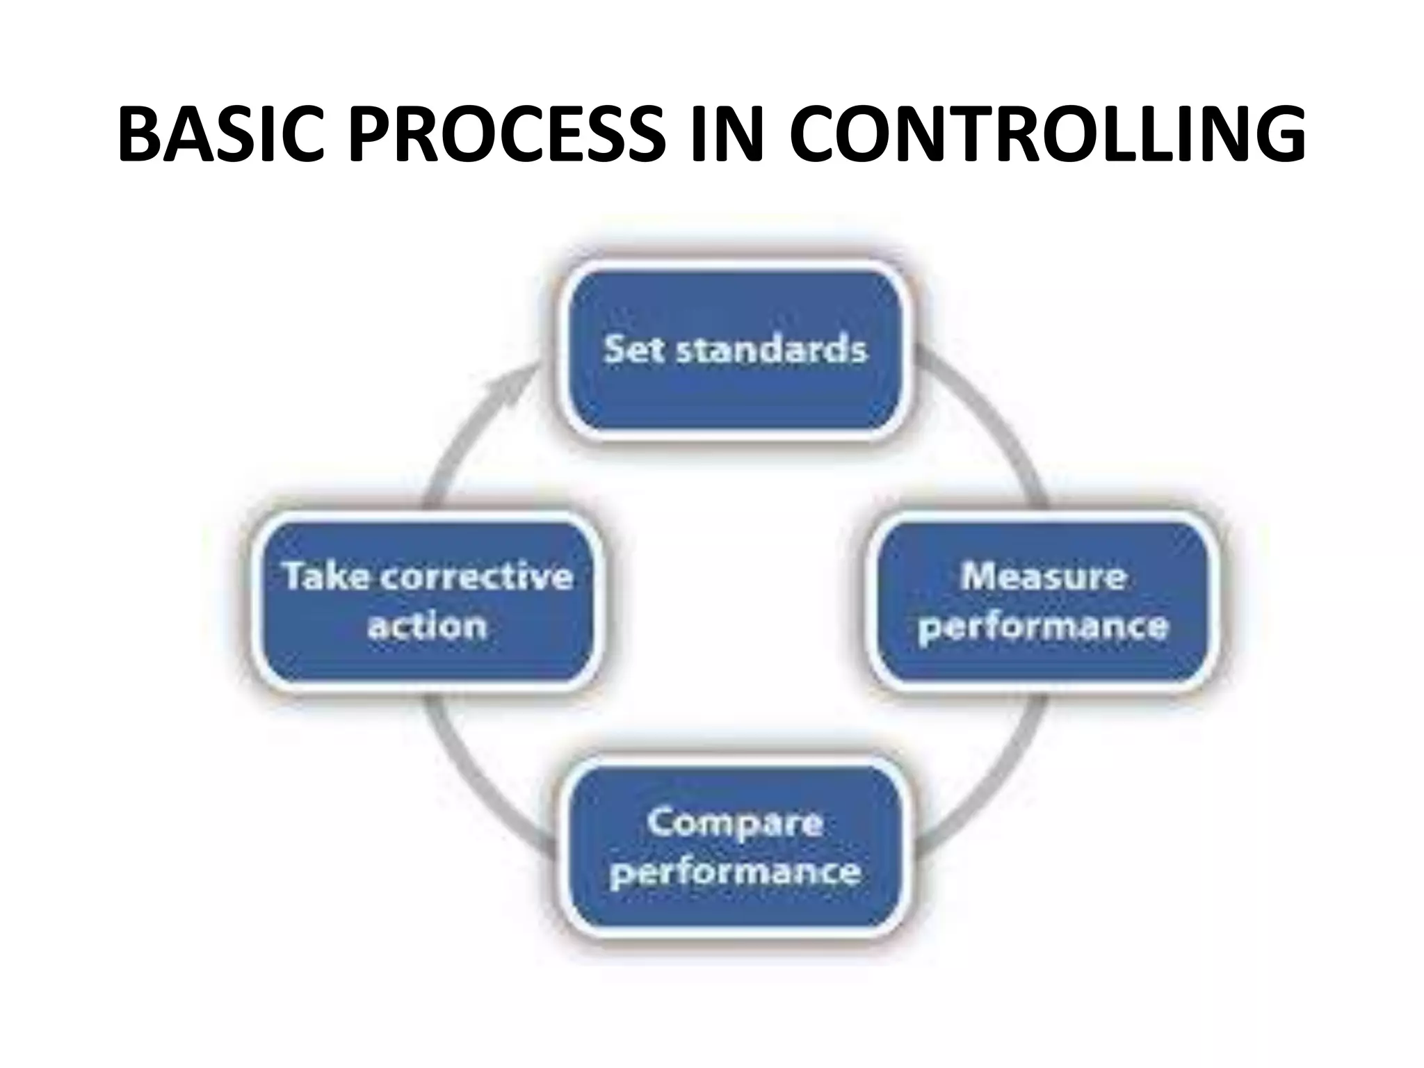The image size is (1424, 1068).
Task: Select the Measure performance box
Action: [x=1043, y=601]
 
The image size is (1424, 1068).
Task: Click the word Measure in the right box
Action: [x=1043, y=576]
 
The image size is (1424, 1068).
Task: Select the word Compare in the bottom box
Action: [x=735, y=823]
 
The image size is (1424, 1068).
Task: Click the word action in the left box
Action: [x=426, y=626]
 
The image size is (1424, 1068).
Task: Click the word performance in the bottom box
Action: [x=735, y=872]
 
